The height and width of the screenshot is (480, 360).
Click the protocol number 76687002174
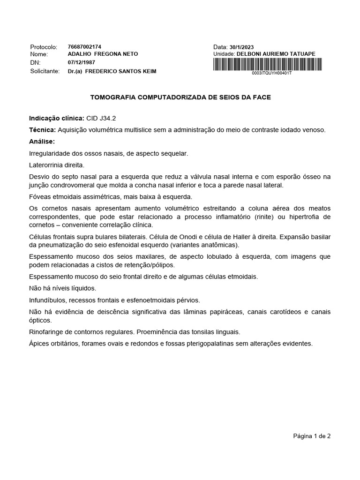[x=84, y=47]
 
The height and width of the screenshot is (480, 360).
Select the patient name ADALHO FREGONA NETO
[x=103, y=54]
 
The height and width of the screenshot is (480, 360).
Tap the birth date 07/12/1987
[x=82, y=62]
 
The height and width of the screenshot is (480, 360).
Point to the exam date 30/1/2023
[x=241, y=47]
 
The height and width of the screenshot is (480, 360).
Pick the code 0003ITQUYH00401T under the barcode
[x=271, y=74]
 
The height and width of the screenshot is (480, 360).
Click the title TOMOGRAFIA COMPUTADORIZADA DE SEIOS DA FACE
[x=180, y=97]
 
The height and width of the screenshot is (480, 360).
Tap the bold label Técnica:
[x=42, y=129]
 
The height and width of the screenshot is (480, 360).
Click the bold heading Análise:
[x=42, y=141]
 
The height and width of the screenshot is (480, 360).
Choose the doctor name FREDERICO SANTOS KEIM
[x=120, y=71]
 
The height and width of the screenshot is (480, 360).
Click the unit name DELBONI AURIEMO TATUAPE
[x=276, y=54]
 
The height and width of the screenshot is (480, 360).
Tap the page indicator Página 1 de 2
[x=312, y=436]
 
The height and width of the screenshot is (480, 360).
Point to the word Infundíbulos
[x=47, y=300]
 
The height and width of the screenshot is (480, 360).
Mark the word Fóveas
[x=40, y=197]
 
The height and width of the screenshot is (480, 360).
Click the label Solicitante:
[x=45, y=71]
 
